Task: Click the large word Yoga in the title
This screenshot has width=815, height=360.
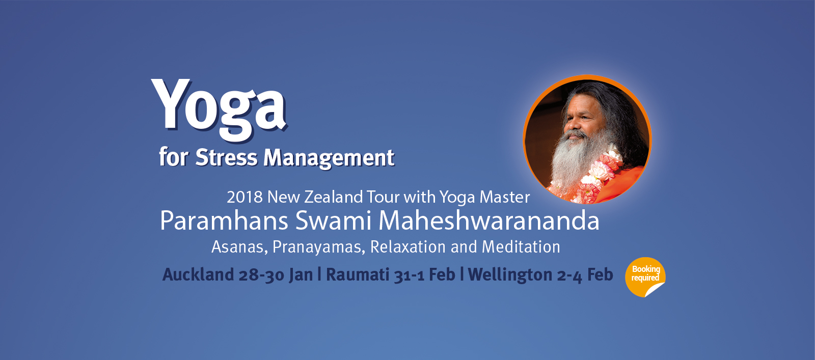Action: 220,109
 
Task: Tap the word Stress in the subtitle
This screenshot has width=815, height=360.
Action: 226,157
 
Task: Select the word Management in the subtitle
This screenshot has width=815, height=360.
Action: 329,158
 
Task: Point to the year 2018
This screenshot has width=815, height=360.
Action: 244,197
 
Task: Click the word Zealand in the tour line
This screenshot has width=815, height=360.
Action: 334,197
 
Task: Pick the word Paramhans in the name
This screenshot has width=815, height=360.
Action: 224,220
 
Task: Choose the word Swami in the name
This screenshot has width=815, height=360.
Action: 334,220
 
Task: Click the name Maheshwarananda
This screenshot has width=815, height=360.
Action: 489,220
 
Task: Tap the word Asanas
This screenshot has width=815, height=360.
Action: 240,247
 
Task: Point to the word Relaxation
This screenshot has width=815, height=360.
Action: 408,247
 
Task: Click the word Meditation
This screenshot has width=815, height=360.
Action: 521,247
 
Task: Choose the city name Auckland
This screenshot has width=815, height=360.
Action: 198,274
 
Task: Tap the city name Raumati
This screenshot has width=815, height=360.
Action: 358,274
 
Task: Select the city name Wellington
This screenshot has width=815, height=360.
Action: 510,275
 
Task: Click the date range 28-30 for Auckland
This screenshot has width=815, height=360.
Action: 261,275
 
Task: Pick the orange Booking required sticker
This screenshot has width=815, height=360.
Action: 645,277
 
